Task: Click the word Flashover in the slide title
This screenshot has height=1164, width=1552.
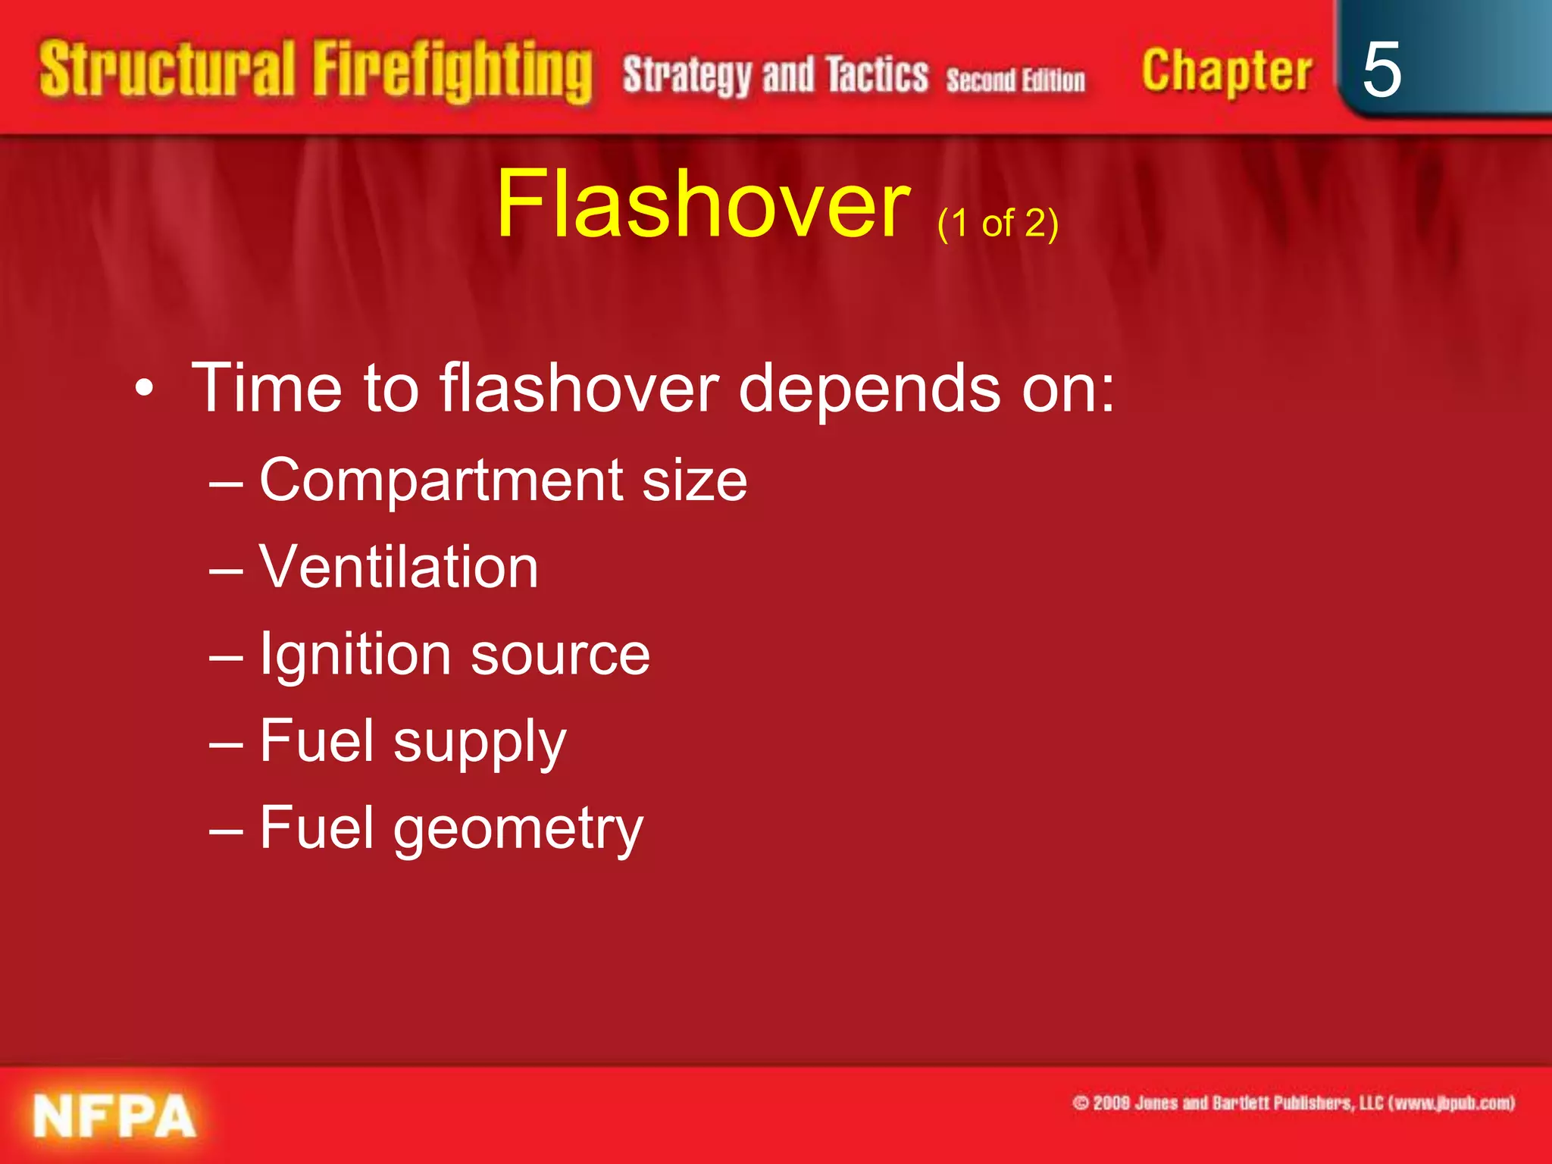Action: [702, 205]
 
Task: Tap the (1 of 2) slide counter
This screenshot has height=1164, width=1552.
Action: [997, 224]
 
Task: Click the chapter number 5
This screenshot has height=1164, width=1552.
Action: [1381, 70]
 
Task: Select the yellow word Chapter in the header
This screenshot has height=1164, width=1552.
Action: [1226, 72]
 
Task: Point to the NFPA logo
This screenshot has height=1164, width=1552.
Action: [114, 1115]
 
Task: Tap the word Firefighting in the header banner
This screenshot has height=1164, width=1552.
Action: [452, 72]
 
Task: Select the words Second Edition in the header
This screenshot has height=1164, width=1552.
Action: [1015, 80]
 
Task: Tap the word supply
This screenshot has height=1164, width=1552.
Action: [480, 743]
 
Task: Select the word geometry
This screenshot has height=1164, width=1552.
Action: [518, 829]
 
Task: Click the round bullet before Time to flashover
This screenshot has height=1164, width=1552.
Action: [144, 390]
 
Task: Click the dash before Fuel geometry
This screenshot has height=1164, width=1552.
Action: [226, 830]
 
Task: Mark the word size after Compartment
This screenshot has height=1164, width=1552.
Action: [694, 480]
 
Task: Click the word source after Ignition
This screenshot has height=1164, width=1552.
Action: [560, 655]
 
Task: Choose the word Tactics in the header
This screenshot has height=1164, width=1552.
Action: [877, 76]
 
